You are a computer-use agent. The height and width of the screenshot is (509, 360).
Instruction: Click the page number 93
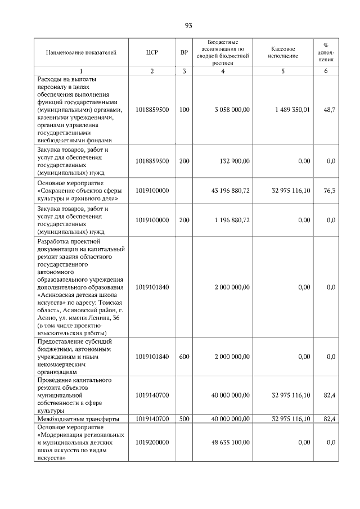tap(188, 25)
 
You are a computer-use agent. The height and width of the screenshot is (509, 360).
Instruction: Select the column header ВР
tap(184, 52)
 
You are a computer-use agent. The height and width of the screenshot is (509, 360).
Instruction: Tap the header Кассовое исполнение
tap(282, 52)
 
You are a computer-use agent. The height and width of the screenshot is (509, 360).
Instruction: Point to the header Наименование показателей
tap(81, 52)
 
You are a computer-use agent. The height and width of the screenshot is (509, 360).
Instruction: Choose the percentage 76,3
tap(330, 191)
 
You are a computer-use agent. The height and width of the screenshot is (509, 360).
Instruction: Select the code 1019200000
tap(152, 442)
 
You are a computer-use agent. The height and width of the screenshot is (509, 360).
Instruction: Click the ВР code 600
tap(184, 356)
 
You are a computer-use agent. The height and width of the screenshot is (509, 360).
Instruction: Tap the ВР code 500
tap(184, 419)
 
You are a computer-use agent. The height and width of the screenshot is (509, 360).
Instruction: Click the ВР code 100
tap(184, 110)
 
